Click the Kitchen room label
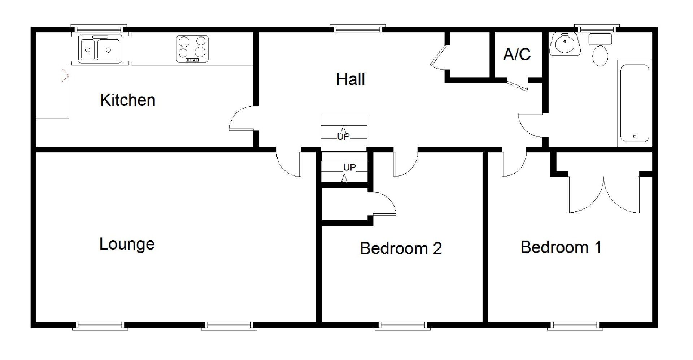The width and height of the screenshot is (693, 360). click(128, 100)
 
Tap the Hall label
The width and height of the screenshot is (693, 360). click(350, 79)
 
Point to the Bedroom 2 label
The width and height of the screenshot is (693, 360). click(401, 248)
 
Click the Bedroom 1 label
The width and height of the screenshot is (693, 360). click(561, 247)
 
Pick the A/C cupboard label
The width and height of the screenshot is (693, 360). click(517, 54)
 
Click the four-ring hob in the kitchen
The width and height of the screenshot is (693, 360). click(193, 48)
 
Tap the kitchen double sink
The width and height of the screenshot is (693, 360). click(100, 49)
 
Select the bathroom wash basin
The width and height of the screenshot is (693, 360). click(565, 44)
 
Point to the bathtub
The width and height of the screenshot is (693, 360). click(635, 103)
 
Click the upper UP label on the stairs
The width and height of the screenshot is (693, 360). click(343, 137)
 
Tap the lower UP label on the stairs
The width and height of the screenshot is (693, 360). click(349, 168)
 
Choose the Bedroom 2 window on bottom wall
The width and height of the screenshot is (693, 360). click(402, 326)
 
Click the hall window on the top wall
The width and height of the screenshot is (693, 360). click(358, 28)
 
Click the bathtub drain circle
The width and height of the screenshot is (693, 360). click(635, 136)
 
